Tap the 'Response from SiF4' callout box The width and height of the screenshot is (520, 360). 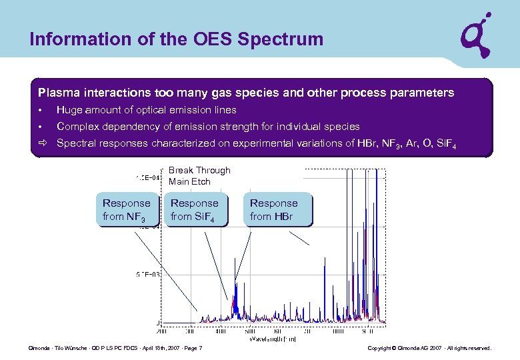(x=195, y=209)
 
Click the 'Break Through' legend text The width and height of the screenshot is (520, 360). (x=199, y=171)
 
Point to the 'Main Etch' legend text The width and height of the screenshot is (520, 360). (x=189, y=181)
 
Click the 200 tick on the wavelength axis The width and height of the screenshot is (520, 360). (x=162, y=331)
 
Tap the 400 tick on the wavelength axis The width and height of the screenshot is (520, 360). (x=220, y=331)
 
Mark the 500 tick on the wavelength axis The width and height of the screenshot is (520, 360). (x=249, y=331)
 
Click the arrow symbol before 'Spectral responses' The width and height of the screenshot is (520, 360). (x=42, y=143)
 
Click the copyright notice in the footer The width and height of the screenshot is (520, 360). (x=429, y=349)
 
